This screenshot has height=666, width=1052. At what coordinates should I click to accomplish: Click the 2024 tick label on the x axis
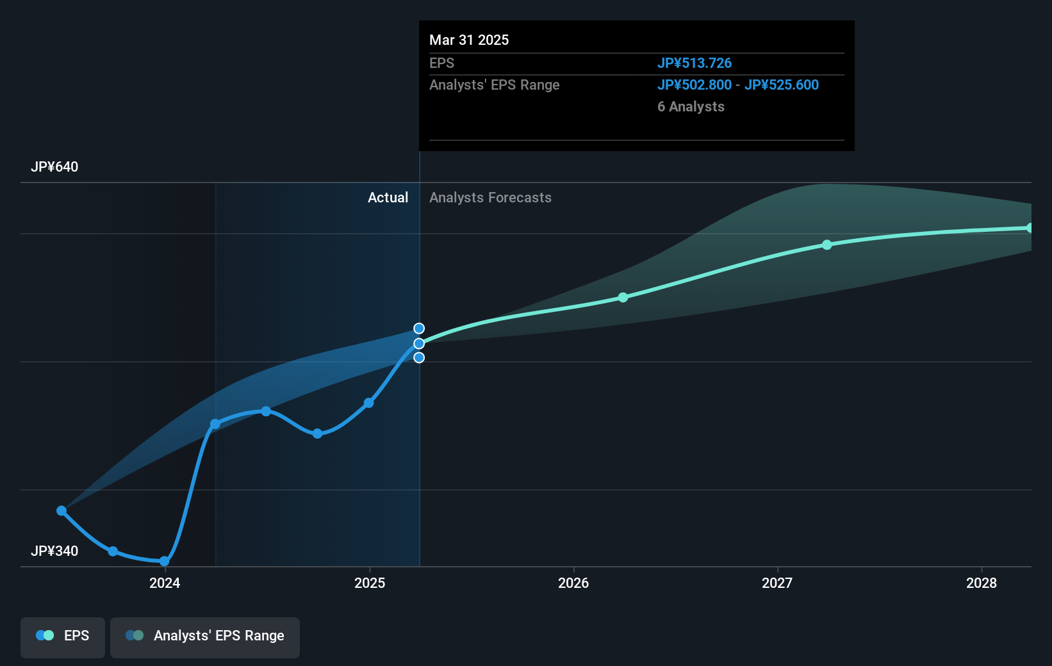click(165, 583)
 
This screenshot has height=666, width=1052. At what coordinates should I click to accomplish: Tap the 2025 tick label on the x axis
click(370, 583)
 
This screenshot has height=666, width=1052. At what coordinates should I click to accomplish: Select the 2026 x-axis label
click(573, 583)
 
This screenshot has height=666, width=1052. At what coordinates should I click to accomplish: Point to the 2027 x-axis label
click(777, 583)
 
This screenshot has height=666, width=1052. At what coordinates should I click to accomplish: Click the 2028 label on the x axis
click(981, 583)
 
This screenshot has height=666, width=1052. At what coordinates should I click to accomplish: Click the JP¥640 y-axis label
click(54, 167)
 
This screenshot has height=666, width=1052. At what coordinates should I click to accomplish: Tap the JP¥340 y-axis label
click(54, 551)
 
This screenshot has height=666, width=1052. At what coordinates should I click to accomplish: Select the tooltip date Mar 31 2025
click(469, 40)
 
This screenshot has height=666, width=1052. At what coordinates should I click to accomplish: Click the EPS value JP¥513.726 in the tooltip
click(694, 63)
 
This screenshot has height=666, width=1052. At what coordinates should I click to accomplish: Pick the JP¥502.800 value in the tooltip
click(694, 85)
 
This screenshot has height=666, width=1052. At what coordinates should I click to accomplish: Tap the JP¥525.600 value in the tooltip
click(781, 85)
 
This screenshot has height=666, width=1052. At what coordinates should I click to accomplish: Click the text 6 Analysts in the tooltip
click(691, 106)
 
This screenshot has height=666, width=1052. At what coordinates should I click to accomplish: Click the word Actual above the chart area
click(388, 197)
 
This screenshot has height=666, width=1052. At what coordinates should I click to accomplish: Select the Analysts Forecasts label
click(490, 197)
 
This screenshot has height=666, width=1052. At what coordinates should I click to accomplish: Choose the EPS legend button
click(63, 637)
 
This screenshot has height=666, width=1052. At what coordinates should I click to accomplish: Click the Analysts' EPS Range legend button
click(205, 637)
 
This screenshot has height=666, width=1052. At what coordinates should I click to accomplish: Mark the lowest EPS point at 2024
click(165, 562)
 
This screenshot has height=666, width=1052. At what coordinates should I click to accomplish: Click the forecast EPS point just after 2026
click(623, 298)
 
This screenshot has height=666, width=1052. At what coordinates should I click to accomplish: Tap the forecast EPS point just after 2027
click(827, 245)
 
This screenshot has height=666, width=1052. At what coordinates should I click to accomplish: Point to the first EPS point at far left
click(62, 510)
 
